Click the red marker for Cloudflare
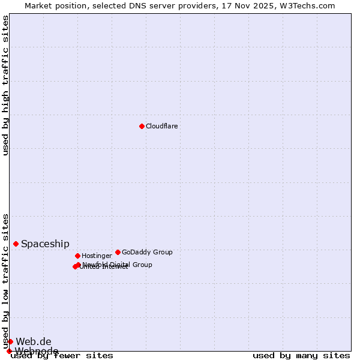pyautogui.click(x=142, y=126)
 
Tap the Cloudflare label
pyautogui.click(x=162, y=126)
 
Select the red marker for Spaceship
pyautogui.click(x=16, y=244)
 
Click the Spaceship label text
pyautogui.click(x=45, y=244)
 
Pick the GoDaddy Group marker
pyautogui.click(x=118, y=252)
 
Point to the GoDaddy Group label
pyautogui.click(x=147, y=252)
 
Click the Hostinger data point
pyautogui.click(x=77, y=256)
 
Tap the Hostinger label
pyautogui.click(x=97, y=256)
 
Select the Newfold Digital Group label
pyautogui.click(x=118, y=265)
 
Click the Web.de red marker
pyautogui.click(x=10, y=341)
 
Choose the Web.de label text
pyautogui.click(x=34, y=341)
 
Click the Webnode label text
pyautogui.click(x=37, y=351)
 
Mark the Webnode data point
pyautogui.click(x=9, y=351)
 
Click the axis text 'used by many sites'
pyautogui.click(x=301, y=355)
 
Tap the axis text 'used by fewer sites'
pyautogui.click(x=62, y=355)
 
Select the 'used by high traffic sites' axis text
pyautogui.click(x=5, y=85)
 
